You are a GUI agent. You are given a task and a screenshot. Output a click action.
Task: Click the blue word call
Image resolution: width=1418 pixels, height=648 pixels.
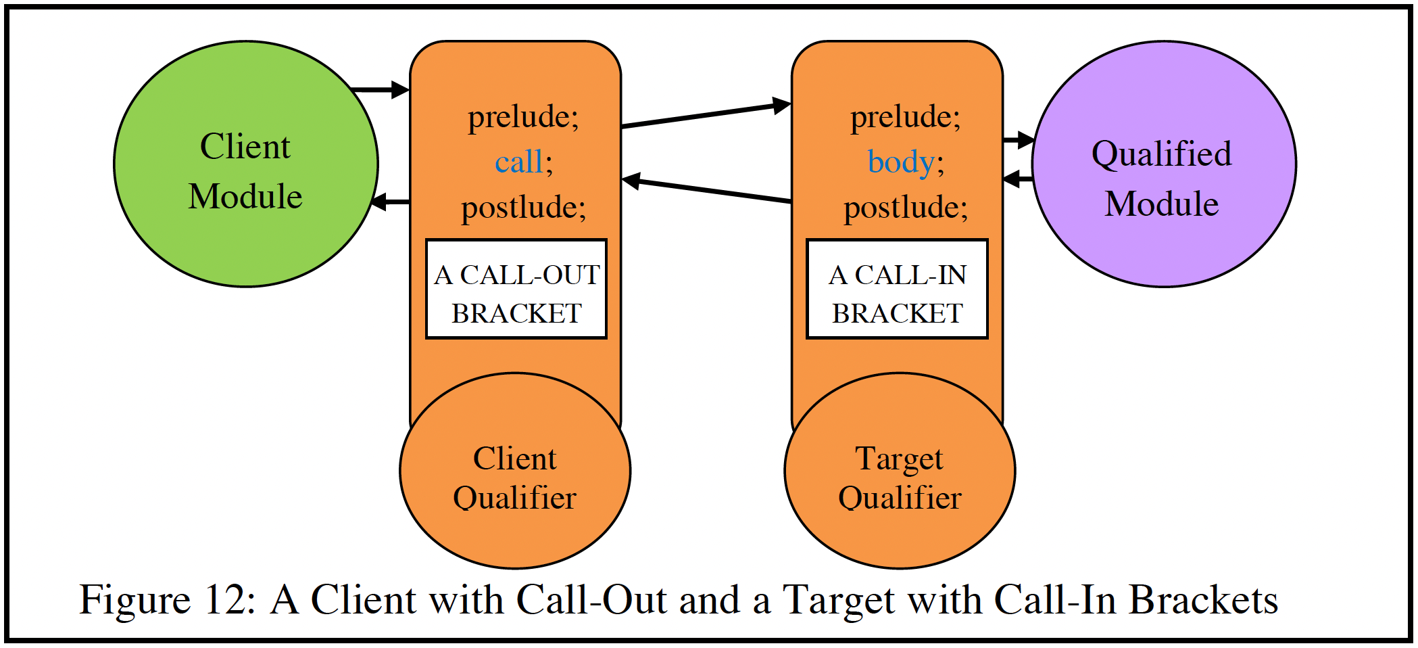(x=518, y=162)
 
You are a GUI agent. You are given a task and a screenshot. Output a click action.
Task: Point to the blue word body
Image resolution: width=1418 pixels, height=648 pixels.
(x=900, y=162)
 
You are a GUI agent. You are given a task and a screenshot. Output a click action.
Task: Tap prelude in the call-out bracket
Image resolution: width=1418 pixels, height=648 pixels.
(x=523, y=117)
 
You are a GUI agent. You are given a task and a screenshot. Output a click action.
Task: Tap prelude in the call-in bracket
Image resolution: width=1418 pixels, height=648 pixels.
(x=905, y=117)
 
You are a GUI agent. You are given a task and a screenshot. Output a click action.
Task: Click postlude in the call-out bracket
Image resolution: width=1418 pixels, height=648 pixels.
(x=523, y=207)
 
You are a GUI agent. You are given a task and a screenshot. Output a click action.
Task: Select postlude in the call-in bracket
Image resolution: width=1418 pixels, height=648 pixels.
(x=905, y=207)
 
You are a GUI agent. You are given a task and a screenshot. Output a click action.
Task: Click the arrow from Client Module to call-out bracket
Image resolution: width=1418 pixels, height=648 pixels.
(x=382, y=89)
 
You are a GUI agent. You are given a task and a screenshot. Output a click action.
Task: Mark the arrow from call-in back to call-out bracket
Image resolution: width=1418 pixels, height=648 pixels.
(x=706, y=190)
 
